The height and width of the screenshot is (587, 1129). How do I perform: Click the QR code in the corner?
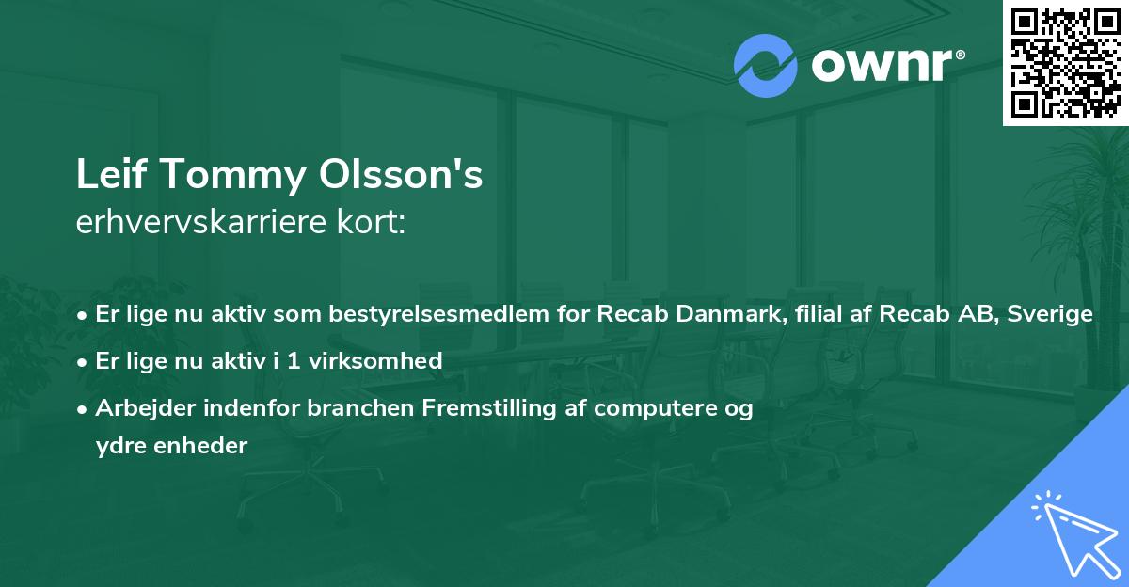[x=1065, y=63]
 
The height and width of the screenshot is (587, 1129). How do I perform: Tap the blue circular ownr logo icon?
[x=767, y=66]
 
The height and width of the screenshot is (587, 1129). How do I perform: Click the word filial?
[x=825, y=314]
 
